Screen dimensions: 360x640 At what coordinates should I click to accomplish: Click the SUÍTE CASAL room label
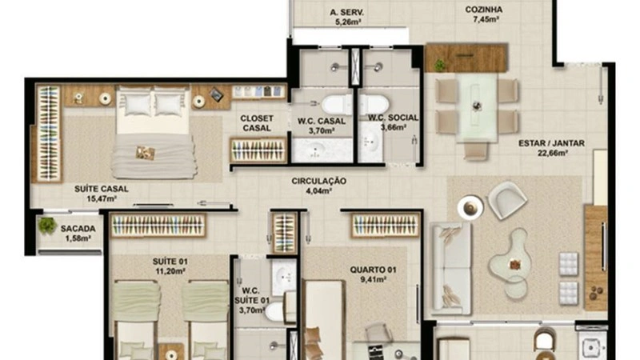(x=102, y=189)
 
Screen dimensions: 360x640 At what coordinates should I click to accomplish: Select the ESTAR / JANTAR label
(x=551, y=144)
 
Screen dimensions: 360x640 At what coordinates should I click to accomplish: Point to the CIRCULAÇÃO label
(x=318, y=182)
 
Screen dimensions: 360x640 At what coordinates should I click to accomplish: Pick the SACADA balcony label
(x=78, y=229)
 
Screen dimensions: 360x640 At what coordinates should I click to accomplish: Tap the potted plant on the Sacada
(x=48, y=226)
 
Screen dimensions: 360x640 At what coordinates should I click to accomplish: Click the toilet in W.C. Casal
(x=337, y=104)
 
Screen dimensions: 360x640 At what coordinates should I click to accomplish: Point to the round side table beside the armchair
(x=470, y=206)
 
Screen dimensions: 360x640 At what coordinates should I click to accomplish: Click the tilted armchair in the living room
(x=507, y=201)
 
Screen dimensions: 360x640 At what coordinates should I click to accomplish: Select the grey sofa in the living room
(x=451, y=268)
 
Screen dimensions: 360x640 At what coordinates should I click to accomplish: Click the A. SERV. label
(x=348, y=13)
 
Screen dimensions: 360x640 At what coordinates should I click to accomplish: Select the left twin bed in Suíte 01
(x=138, y=316)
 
